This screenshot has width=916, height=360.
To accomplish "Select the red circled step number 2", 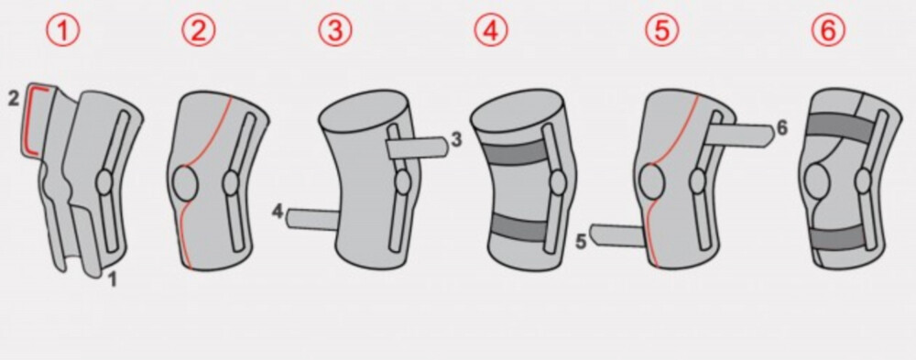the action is [198, 30].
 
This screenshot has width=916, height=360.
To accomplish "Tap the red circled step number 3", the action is [334, 30].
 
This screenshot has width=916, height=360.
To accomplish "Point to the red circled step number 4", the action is [491, 30].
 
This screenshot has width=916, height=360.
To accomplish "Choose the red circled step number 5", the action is [662, 30].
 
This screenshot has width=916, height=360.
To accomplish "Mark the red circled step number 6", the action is [829, 30].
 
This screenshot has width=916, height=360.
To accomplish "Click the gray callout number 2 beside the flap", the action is [14, 99].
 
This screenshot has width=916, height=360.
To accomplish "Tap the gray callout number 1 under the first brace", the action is [114, 280].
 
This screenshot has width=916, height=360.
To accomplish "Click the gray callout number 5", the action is [581, 241].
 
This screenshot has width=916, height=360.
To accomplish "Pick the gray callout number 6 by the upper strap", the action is [781, 128].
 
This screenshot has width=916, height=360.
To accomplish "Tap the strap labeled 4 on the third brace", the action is [312, 219].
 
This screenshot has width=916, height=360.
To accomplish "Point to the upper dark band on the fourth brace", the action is [517, 152].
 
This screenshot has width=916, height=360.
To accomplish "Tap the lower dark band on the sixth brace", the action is [840, 238].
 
